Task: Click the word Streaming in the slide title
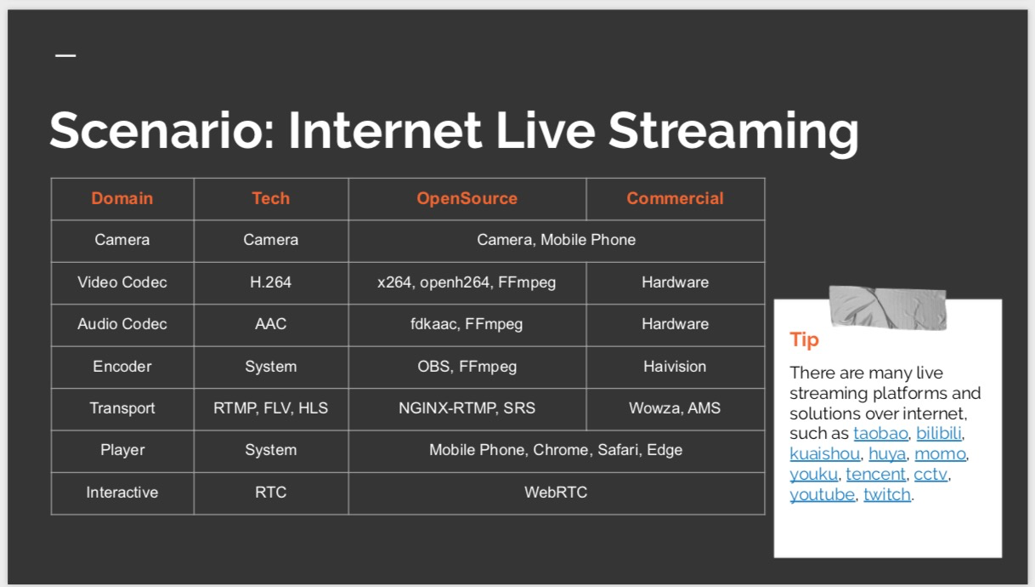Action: coord(732,131)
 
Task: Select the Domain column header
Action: coord(122,198)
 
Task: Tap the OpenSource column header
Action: coord(467,198)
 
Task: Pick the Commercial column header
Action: coord(675,198)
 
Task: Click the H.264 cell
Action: coord(270,282)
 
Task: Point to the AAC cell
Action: coord(270,324)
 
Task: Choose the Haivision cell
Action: coord(675,367)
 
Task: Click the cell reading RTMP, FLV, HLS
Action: coord(270,408)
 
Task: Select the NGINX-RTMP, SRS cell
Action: coord(467,408)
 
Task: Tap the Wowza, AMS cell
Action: coord(675,408)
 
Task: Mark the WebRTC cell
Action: coord(556,493)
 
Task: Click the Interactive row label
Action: coord(122,493)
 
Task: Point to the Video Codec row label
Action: coord(122,282)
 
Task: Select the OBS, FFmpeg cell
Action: coord(467,367)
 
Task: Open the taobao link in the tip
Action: coord(880,434)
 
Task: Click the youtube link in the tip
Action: coord(822,495)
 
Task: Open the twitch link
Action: coord(886,495)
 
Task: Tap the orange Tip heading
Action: coord(804,339)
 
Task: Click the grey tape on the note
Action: coord(887,307)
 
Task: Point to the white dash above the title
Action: coord(65,56)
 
